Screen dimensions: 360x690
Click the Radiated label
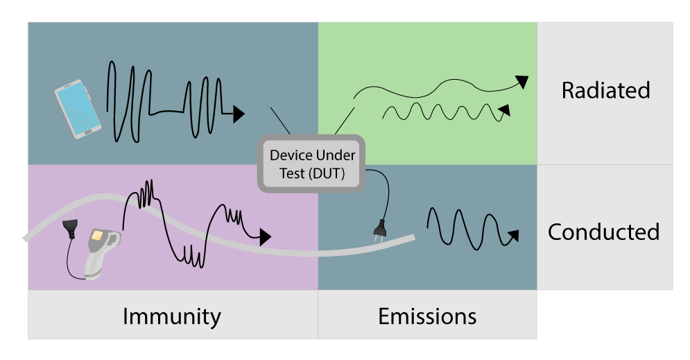click(x=605, y=90)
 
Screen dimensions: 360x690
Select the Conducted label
click(x=603, y=232)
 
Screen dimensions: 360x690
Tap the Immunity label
click(x=171, y=316)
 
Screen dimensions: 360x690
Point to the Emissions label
click(x=427, y=316)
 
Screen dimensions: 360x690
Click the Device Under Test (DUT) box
click(x=311, y=164)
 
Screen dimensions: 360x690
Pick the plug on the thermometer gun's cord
click(x=69, y=228)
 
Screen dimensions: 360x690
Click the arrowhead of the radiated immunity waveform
click(x=239, y=114)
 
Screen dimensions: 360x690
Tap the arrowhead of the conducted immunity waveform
click(x=264, y=237)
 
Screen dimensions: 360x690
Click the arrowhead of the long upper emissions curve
click(x=522, y=82)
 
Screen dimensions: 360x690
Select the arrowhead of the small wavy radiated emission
click(x=505, y=109)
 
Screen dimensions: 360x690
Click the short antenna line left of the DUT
click(x=279, y=120)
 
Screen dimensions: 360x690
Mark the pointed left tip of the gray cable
click(x=25, y=238)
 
